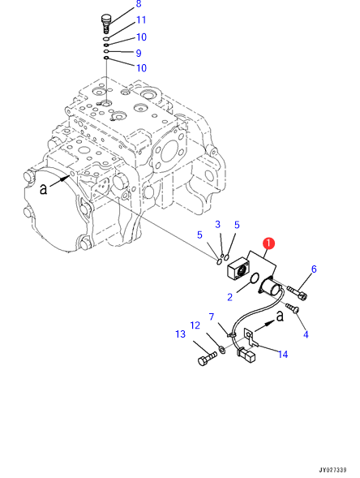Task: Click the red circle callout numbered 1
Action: pyautogui.click(x=269, y=243)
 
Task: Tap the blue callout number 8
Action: pyautogui.click(x=139, y=4)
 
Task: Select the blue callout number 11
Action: pyautogui.click(x=141, y=20)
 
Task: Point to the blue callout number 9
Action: pyautogui.click(x=139, y=54)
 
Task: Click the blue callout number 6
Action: pyautogui.click(x=314, y=269)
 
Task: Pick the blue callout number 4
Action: pyautogui.click(x=306, y=334)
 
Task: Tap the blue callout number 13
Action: pyautogui.click(x=180, y=334)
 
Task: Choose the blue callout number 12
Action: pyautogui.click(x=195, y=325)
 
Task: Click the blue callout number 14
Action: pyautogui.click(x=283, y=354)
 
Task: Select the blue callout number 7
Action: pyautogui.click(x=212, y=317)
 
